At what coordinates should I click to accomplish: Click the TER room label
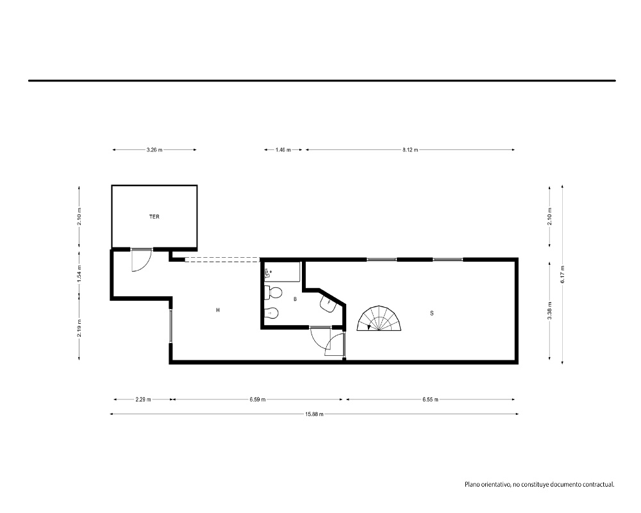pos(154,217)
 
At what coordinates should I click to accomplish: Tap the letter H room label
pos(218,310)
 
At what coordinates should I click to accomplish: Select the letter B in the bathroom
pos(295,299)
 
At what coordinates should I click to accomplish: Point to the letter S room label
pos(431,314)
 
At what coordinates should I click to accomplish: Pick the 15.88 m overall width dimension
pos(314,414)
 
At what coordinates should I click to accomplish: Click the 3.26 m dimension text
pos(154,149)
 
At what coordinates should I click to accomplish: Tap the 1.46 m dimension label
pos(283,149)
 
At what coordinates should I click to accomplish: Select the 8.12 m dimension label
pos(410,149)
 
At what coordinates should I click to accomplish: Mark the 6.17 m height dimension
pos(563,274)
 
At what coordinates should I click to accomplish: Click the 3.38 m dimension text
pos(549,310)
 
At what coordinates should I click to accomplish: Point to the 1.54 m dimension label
pos(79,273)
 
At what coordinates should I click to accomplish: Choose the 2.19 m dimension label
pos(79,328)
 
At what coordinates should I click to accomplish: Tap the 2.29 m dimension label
pos(143,399)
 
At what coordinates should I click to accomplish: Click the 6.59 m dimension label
pos(258,399)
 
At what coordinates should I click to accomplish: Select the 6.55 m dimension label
pos(430,399)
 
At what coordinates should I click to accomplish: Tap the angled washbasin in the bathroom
pos(328,303)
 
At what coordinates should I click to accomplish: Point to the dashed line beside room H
pos(222,259)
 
